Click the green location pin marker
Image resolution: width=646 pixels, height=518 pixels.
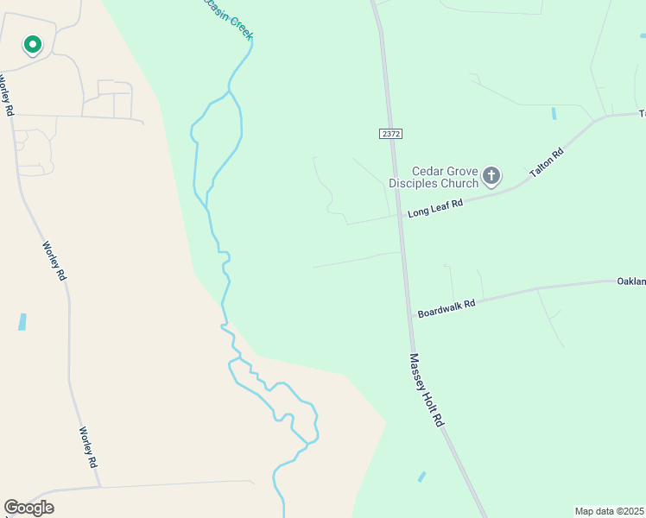pos(32,45)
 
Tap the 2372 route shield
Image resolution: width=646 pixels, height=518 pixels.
pos(390,134)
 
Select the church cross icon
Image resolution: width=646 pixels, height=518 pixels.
pos(491,177)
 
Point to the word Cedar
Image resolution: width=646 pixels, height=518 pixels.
pos(427,171)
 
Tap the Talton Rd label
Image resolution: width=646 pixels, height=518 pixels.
pos(546,162)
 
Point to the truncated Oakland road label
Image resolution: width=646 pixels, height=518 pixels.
pos(630,281)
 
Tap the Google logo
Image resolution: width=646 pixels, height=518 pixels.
pos(28,508)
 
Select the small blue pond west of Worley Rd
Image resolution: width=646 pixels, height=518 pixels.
pos(22,322)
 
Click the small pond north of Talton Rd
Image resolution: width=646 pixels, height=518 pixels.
pos(553,113)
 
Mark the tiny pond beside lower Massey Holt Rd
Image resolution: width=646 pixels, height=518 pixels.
pos(421,477)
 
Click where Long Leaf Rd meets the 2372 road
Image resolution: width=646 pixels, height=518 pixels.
pos(400,215)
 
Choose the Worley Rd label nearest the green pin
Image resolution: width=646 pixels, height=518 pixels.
pos(7,96)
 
